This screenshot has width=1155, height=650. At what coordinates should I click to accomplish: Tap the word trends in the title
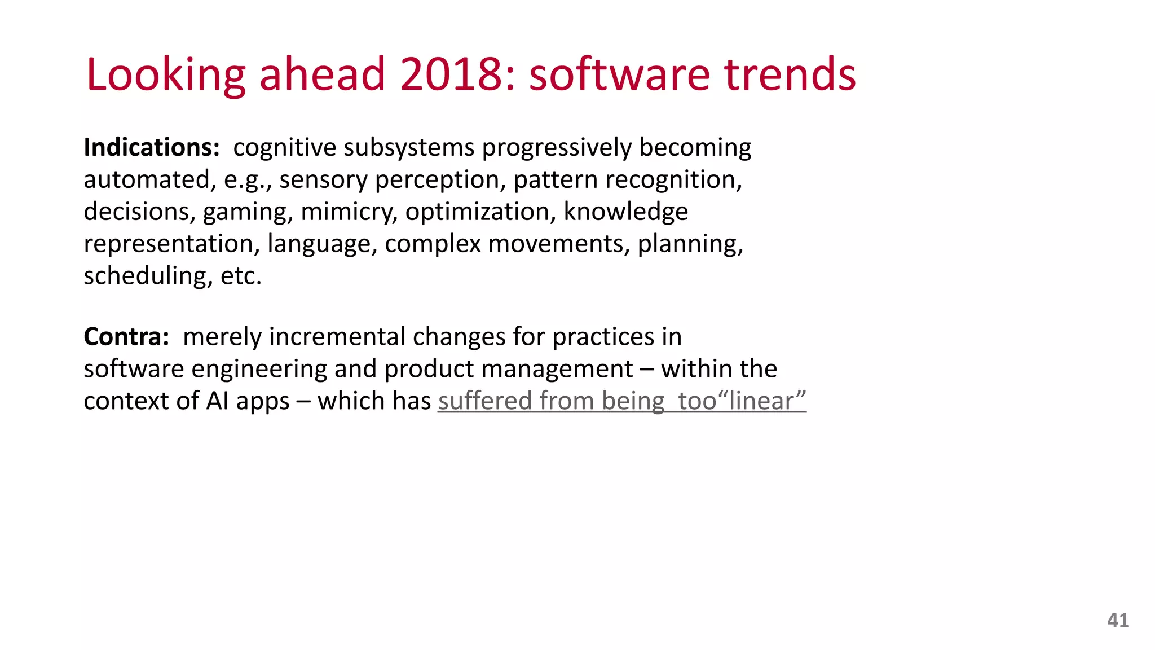click(x=790, y=74)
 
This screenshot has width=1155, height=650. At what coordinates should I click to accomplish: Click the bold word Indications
click(x=151, y=148)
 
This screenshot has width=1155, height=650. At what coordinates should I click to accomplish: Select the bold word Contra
click(x=126, y=337)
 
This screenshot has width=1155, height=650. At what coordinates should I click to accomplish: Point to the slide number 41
click(x=1118, y=621)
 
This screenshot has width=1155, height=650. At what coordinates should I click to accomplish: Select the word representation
click(x=171, y=244)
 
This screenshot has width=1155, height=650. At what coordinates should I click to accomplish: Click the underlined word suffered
click(x=485, y=401)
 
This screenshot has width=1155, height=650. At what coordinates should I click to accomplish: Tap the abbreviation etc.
click(x=241, y=276)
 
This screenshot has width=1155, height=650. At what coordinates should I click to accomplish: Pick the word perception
click(x=437, y=181)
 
